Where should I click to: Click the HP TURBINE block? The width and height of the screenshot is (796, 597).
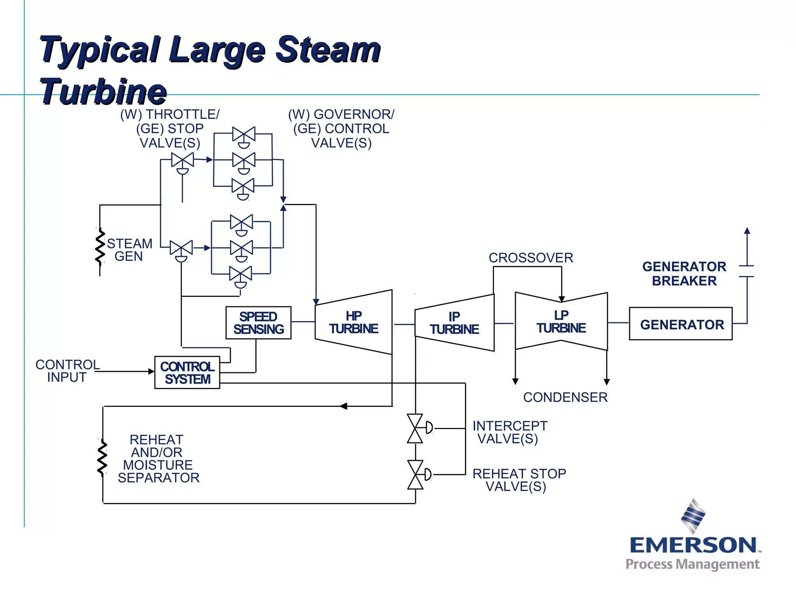[x=354, y=322]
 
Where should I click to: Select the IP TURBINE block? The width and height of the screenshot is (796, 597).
[x=454, y=323]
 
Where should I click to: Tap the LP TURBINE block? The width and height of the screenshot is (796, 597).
[x=561, y=322]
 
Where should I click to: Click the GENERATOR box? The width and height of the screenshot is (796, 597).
[x=681, y=324]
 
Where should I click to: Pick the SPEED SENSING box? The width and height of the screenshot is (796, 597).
[x=258, y=323]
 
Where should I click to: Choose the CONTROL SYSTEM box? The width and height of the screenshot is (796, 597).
[x=187, y=372]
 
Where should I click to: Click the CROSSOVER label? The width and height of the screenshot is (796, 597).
[x=531, y=258]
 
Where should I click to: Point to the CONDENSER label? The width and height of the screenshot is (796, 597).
[x=565, y=397]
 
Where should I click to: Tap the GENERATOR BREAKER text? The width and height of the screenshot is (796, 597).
[x=684, y=274]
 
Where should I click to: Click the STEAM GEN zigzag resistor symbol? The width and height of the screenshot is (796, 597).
[x=100, y=247]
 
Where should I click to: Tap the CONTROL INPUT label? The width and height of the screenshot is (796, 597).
[x=67, y=371]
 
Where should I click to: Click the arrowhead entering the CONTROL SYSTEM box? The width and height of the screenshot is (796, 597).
[x=152, y=372]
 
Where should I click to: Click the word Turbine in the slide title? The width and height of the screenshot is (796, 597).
[x=103, y=92]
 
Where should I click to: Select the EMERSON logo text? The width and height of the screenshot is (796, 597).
[x=693, y=545]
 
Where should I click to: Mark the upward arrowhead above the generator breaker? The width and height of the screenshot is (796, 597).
[x=747, y=231]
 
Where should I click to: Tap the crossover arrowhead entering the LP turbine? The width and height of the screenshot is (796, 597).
[x=562, y=299]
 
